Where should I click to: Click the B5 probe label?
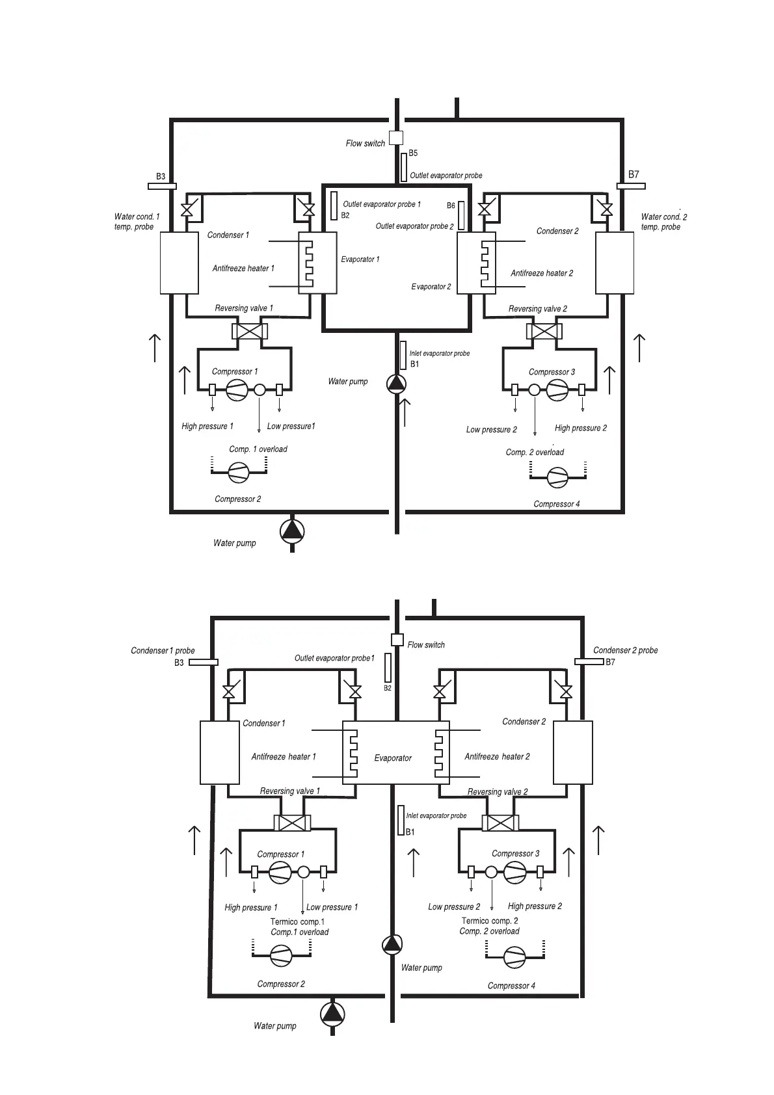413,153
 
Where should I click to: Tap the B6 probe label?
451,205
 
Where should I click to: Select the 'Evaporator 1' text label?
360,259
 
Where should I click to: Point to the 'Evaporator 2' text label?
431,287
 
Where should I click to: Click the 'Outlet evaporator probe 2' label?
414,226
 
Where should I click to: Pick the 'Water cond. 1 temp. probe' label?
137,222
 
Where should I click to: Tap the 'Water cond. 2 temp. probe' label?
663,222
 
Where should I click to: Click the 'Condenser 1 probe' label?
163,650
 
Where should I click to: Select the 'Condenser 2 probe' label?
625,650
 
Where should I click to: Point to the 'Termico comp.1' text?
297,921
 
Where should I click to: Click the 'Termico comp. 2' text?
490,921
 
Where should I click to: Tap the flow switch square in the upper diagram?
395,138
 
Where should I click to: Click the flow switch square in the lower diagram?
397,640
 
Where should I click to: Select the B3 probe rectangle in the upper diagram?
162,187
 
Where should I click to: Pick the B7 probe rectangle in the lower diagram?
589,662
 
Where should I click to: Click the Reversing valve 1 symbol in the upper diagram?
250,331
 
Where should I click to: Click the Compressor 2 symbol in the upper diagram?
239,473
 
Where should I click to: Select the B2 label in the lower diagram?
387,688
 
